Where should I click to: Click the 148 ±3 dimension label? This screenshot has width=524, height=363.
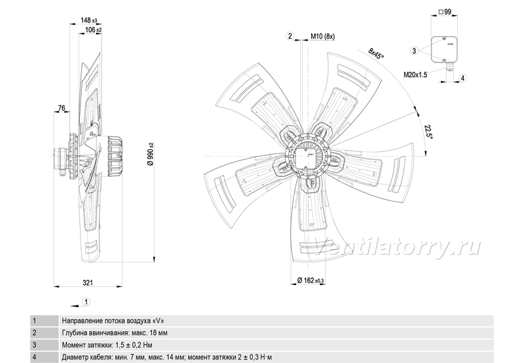(88, 20)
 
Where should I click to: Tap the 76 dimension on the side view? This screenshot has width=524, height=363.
(62, 108)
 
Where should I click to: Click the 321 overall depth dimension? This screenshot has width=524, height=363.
(88, 283)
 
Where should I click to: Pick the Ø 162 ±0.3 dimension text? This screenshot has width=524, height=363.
(310, 280)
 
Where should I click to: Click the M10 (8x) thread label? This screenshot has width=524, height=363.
(322, 37)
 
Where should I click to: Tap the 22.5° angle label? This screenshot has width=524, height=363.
(428, 132)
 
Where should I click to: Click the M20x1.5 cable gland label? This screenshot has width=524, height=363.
(415, 75)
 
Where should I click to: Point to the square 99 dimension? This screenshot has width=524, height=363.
(445, 12)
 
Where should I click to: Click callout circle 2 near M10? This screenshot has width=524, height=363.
(290, 36)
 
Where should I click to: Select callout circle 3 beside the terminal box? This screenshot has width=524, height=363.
(415, 51)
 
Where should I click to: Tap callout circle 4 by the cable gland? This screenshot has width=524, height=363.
(463, 78)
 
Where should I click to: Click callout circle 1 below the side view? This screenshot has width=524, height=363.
(86, 302)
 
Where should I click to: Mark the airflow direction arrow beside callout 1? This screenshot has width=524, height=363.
(75, 305)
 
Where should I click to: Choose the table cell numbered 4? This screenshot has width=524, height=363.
(44, 357)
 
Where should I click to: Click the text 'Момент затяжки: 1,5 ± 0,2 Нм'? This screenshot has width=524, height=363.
(107, 345)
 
